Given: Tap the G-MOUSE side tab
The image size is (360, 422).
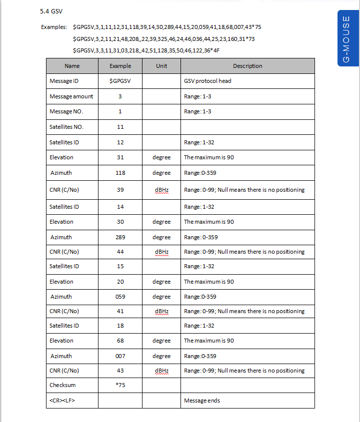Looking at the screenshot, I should (346, 39).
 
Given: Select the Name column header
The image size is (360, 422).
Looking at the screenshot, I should (72, 66).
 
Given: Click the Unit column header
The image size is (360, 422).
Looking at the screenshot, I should (161, 66).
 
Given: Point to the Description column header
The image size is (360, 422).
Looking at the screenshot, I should (247, 66).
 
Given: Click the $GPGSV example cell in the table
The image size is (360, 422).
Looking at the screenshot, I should (120, 81).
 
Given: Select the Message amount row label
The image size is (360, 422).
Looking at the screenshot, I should (71, 96).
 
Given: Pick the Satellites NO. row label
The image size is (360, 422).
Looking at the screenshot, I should (66, 127).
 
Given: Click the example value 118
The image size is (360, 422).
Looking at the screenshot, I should (120, 173).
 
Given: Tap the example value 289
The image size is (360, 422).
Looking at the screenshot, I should (120, 237).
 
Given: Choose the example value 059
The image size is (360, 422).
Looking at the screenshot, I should (120, 297).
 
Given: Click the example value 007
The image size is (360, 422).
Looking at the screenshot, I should (120, 356).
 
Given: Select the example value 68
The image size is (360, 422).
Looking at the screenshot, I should (120, 341).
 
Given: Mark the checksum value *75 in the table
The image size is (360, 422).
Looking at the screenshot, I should (120, 385).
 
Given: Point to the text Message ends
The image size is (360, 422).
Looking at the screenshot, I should (202, 401).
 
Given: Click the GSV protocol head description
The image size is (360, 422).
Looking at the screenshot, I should (207, 81).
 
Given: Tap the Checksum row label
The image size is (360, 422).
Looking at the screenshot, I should (62, 385).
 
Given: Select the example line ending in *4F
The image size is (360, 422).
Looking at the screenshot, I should (146, 50).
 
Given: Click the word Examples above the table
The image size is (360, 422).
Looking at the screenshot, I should (53, 27).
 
